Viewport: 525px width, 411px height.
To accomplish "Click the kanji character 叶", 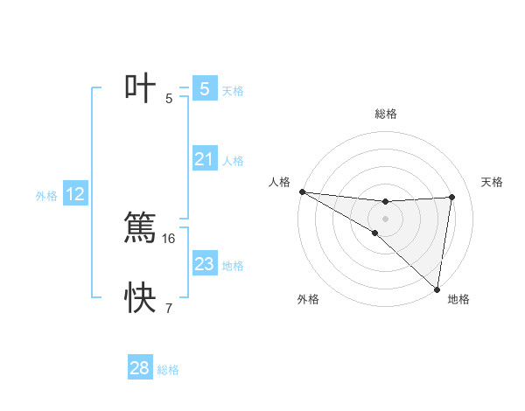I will point(140,89).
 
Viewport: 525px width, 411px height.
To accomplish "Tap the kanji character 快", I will point(140,298).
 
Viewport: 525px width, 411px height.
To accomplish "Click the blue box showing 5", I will point(204,89).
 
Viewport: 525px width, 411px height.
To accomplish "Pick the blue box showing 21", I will point(204,159).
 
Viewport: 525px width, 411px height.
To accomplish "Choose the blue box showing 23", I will point(204,263).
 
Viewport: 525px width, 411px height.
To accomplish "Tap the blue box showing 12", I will point(75,194).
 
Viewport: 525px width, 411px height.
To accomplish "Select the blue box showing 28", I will point(140,368).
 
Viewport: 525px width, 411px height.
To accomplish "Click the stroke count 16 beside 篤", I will point(169,238).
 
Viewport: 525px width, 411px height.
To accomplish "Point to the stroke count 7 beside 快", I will point(169,308).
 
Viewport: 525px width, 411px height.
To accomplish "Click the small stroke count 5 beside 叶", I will point(169,99).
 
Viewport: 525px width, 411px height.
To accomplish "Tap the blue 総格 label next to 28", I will point(168,370).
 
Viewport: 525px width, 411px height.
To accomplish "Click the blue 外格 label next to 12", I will point(46,196).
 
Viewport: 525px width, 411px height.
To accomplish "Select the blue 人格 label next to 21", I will point(233,161).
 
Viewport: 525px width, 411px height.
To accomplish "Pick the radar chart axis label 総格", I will point(386,114).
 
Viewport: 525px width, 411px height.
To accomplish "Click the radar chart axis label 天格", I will point(493,182).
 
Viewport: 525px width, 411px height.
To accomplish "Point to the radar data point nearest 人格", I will point(302,192).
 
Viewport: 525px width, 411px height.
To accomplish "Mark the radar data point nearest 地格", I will point(437,289).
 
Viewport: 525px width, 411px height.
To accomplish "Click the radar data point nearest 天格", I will point(452,197).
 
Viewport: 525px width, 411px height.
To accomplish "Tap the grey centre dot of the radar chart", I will point(385,218).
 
